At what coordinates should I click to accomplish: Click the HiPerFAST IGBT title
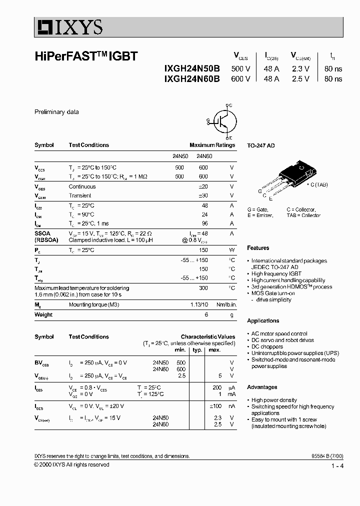(85, 57)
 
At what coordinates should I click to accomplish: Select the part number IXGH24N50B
(191, 69)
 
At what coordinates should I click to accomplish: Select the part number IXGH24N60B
(191, 78)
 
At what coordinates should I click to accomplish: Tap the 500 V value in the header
(240, 69)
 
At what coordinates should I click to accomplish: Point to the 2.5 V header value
(300, 78)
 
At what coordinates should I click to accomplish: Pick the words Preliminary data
(56, 112)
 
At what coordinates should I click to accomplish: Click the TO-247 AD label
(261, 145)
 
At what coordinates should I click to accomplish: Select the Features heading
(258, 248)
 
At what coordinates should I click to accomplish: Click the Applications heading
(263, 321)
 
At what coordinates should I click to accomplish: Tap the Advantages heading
(262, 387)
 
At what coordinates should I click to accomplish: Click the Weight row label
(43, 314)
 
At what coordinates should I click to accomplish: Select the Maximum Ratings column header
(212, 145)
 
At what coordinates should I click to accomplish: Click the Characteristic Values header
(207, 337)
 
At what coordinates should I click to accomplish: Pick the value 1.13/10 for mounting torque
(198, 305)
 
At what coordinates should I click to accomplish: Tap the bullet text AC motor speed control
(279, 333)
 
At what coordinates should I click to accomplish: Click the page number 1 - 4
(337, 466)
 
